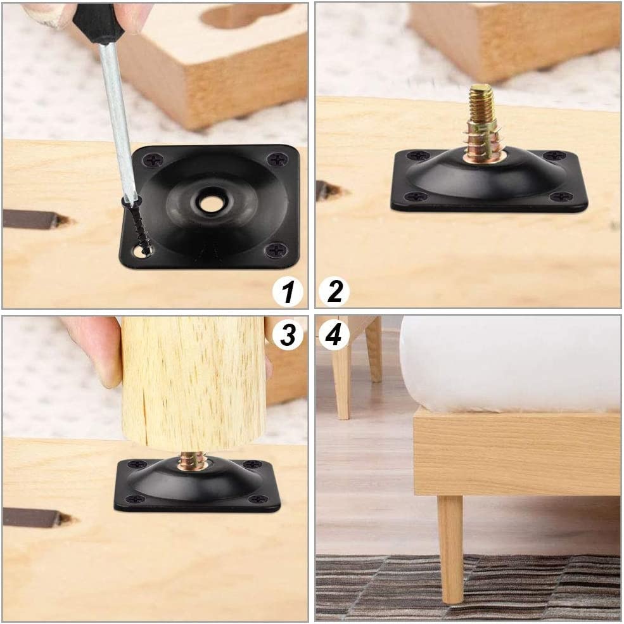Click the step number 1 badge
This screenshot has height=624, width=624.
(x=288, y=293)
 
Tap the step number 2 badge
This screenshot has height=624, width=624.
(x=334, y=292)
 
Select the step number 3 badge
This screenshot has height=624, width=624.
(x=288, y=334)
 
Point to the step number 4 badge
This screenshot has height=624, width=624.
(x=334, y=334)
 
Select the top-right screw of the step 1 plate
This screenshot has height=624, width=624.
(x=277, y=160)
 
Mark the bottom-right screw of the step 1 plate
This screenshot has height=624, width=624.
(x=276, y=250)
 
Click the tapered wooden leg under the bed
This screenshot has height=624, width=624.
(x=450, y=545)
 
